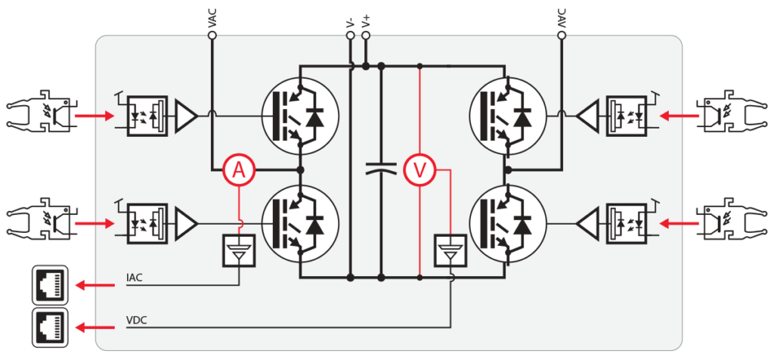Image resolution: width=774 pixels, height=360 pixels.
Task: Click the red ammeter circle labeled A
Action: point(240,172)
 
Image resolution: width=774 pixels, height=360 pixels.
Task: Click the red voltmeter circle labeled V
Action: point(420,172)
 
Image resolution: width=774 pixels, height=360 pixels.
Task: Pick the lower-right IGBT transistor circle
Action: point(507,224)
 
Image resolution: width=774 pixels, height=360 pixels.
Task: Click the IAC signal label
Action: point(135,278)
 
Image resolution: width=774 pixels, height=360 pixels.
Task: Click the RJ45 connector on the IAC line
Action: point(51,286)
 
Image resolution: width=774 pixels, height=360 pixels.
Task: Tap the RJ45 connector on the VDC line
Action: point(51,328)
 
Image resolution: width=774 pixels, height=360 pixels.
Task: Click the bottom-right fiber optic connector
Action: point(732,223)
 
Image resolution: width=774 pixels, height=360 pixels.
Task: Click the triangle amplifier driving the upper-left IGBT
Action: point(186,116)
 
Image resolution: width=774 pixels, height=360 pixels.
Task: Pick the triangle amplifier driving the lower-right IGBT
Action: point(587,223)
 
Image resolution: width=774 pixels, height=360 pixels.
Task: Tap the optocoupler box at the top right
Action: point(625,116)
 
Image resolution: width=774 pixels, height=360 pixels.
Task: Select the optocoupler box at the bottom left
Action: point(147,223)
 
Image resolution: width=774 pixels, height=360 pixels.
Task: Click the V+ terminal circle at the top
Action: point(366,36)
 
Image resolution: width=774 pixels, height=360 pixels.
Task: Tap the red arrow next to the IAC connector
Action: point(91,286)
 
